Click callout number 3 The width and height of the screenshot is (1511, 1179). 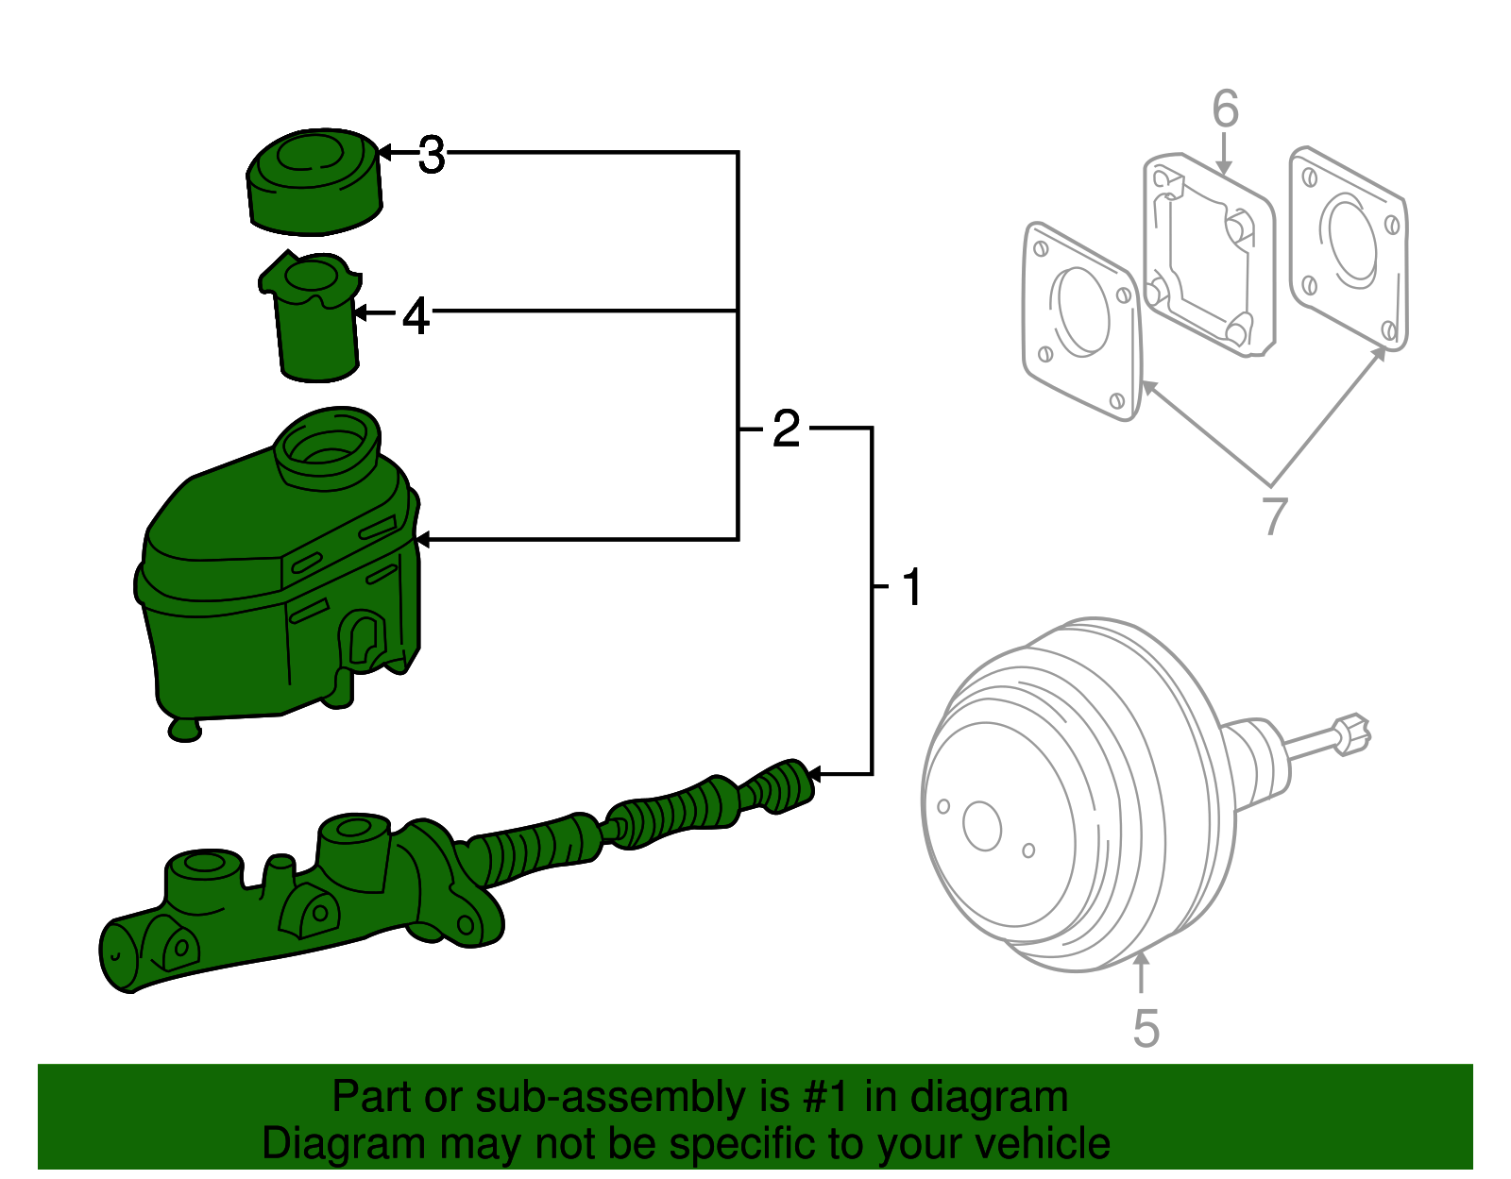[432, 156]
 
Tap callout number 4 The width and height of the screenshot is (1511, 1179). [416, 316]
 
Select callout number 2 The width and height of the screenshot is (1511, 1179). [786, 429]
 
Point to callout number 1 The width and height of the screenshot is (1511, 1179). [911, 587]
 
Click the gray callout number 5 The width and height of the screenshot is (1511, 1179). [1146, 1028]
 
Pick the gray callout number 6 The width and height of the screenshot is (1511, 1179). [1225, 109]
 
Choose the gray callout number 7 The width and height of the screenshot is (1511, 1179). [1275, 515]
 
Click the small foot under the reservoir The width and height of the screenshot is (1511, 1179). [185, 729]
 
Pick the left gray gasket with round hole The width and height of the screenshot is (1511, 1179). [1081, 321]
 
